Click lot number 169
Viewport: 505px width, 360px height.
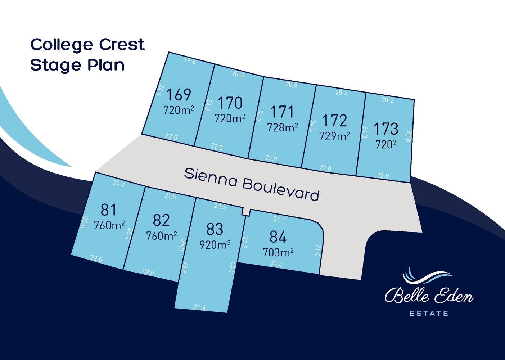click(179, 95)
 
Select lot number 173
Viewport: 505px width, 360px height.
click(385, 129)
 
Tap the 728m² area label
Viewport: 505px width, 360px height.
click(282, 127)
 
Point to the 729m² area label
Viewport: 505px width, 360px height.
click(334, 136)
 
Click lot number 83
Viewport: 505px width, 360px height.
click(215, 229)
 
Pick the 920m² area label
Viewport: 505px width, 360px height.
click(215, 245)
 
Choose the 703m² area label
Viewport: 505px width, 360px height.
click(278, 252)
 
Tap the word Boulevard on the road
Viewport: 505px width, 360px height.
click(280, 189)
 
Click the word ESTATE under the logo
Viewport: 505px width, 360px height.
click(429, 314)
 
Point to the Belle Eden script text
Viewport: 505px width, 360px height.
click(429, 295)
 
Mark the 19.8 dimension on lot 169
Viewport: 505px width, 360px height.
click(190, 61)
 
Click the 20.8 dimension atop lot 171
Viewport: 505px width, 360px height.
click(291, 84)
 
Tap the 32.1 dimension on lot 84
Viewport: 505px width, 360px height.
click(279, 219)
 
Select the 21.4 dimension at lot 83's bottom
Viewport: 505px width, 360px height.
click(199, 307)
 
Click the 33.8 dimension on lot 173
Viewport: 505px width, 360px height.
click(408, 136)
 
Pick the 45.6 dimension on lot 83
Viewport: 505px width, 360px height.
click(184, 267)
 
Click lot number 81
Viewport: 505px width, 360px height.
click(108, 210)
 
